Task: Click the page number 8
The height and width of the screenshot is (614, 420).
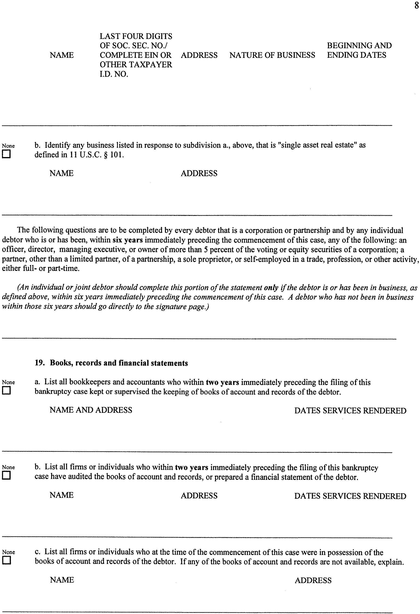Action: tap(416, 6)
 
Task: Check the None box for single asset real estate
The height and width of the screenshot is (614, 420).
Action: tap(6, 154)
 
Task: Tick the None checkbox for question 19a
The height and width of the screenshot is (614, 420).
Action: tap(6, 391)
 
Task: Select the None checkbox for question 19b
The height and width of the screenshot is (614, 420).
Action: tap(6, 476)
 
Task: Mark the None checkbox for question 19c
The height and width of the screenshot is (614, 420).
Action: tap(6, 560)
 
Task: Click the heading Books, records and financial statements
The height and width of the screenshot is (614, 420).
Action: tap(119, 363)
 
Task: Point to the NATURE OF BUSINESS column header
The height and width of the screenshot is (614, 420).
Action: tap(272, 55)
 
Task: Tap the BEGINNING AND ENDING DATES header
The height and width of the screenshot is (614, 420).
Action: tap(359, 50)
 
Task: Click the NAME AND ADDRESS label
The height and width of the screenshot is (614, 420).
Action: tap(91, 410)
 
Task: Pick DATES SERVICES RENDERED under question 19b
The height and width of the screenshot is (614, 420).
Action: tap(350, 496)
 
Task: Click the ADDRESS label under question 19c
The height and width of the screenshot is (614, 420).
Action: tap(313, 580)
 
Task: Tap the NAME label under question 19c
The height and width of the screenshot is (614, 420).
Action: tap(62, 580)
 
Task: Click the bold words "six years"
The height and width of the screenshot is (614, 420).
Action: tap(128, 240)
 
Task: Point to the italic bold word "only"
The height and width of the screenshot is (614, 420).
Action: tap(271, 287)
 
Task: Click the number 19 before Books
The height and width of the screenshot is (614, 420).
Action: tap(40, 363)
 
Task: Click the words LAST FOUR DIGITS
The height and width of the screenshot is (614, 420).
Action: tap(136, 36)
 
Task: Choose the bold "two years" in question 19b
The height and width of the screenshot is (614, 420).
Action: tap(191, 467)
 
